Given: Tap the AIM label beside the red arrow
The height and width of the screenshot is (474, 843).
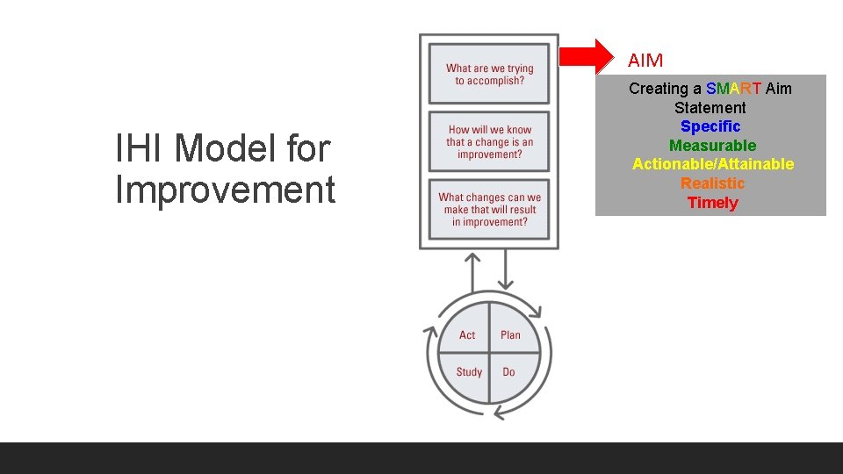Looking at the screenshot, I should pyautogui.click(x=645, y=61).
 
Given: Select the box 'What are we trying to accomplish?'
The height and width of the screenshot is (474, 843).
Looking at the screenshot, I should pyautogui.click(x=489, y=74).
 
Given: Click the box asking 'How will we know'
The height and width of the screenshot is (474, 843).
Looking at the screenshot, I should pyautogui.click(x=489, y=142).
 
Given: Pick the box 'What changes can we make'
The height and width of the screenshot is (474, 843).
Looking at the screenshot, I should pyautogui.click(x=489, y=210).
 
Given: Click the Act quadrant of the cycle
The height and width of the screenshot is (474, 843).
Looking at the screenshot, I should pyautogui.click(x=467, y=334).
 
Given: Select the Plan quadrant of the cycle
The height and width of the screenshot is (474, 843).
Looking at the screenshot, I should pyautogui.click(x=510, y=334).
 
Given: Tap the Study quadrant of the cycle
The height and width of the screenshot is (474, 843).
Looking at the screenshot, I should pyautogui.click(x=469, y=372).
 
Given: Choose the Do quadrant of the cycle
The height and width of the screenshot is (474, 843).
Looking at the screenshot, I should pyautogui.click(x=509, y=372).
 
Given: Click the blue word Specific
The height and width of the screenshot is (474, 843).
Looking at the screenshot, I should pyautogui.click(x=710, y=126).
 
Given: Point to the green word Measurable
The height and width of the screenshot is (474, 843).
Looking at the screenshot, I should pyautogui.click(x=712, y=146).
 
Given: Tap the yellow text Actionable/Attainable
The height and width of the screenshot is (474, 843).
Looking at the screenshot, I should pyautogui.click(x=713, y=164).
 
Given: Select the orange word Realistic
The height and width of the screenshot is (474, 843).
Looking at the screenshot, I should pyautogui.click(x=712, y=183).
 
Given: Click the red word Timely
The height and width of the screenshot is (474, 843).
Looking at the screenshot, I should pyautogui.click(x=712, y=203).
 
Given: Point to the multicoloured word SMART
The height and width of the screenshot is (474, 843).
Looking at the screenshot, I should pyautogui.click(x=733, y=89).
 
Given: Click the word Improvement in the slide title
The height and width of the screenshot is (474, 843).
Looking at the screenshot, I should pyautogui.click(x=225, y=190).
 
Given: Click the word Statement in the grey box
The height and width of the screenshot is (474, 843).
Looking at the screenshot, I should pyautogui.click(x=710, y=108).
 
